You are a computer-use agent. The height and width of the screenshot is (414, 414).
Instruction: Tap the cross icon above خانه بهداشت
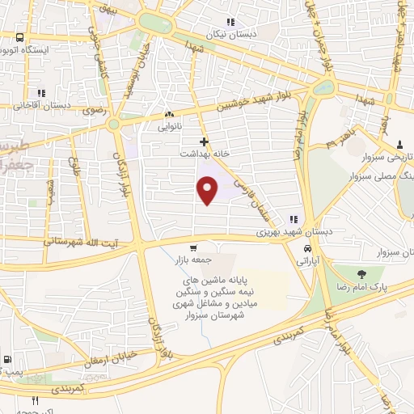(x=204, y=141)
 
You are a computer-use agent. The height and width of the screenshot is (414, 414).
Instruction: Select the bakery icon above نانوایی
(x=169, y=115)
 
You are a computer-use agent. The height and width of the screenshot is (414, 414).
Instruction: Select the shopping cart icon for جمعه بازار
(x=192, y=247)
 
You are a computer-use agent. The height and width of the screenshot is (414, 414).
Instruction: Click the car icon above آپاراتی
(x=306, y=249)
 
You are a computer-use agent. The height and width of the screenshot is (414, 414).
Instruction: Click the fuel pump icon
(x=7, y=358)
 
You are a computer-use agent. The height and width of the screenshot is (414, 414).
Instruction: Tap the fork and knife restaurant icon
(x=35, y=400)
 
